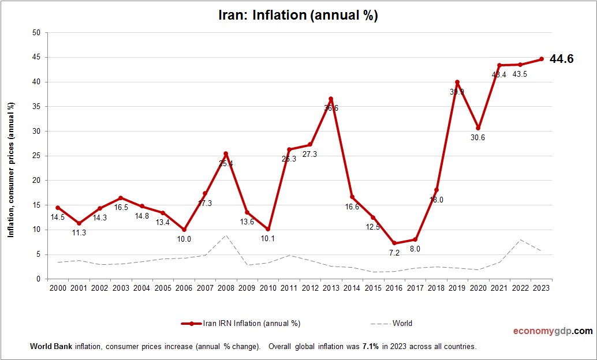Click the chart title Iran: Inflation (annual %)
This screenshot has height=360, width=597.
298,16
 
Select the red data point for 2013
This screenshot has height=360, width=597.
331,99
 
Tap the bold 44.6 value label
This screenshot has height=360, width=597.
561,59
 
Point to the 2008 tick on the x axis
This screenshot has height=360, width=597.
226,287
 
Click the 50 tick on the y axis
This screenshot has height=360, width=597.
36,33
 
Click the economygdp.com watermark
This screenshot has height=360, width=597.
553,331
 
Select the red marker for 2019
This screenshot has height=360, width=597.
457,82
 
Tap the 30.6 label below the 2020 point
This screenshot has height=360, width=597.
477,137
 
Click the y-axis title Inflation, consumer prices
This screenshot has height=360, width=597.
10,170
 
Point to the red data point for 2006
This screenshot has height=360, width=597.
184,230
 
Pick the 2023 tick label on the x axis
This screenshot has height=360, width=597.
541,287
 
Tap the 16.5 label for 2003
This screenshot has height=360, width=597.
121,207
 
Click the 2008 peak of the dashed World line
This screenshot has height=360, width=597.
226,235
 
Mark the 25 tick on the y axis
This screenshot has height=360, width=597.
36,156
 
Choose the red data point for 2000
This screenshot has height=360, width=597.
58,208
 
